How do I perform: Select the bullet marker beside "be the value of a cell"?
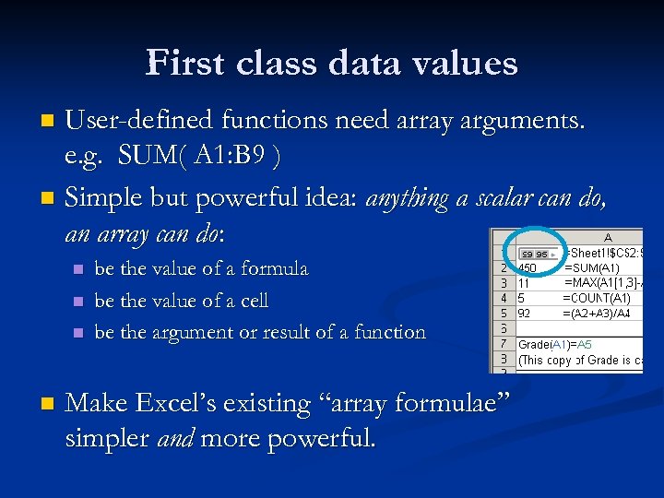tap(78, 302)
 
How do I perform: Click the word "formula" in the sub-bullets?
tap(272, 269)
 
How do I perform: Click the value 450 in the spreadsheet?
tap(528, 267)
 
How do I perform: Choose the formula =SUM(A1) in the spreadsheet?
tap(597, 267)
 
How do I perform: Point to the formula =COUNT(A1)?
tap(596, 298)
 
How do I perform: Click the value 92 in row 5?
tap(525, 314)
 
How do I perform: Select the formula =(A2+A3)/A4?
tap(600, 314)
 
